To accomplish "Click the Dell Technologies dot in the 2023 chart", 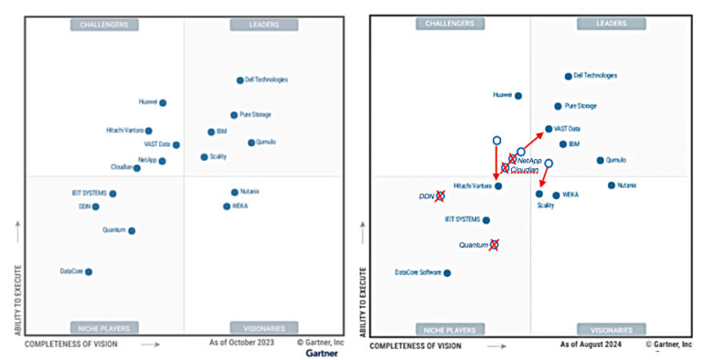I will (x=240, y=80).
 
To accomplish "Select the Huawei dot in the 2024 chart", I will (x=518, y=95).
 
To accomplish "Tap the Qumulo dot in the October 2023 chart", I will (x=251, y=143).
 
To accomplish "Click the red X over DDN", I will (x=440, y=196).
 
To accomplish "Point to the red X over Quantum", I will (x=495, y=244).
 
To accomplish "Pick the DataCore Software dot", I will (x=447, y=272).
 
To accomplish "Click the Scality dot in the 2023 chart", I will (x=204, y=157).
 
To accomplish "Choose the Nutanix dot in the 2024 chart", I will (x=612, y=185).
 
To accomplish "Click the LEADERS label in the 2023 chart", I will (x=264, y=25).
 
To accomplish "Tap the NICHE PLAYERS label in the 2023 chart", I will (x=105, y=327).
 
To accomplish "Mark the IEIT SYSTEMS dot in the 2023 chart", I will (x=112, y=194).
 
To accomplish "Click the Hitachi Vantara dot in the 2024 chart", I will (x=498, y=186).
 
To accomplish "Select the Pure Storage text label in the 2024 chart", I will (x=581, y=106).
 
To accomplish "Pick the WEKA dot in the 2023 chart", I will (x=227, y=206).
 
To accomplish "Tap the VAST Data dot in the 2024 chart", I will (x=548, y=129).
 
